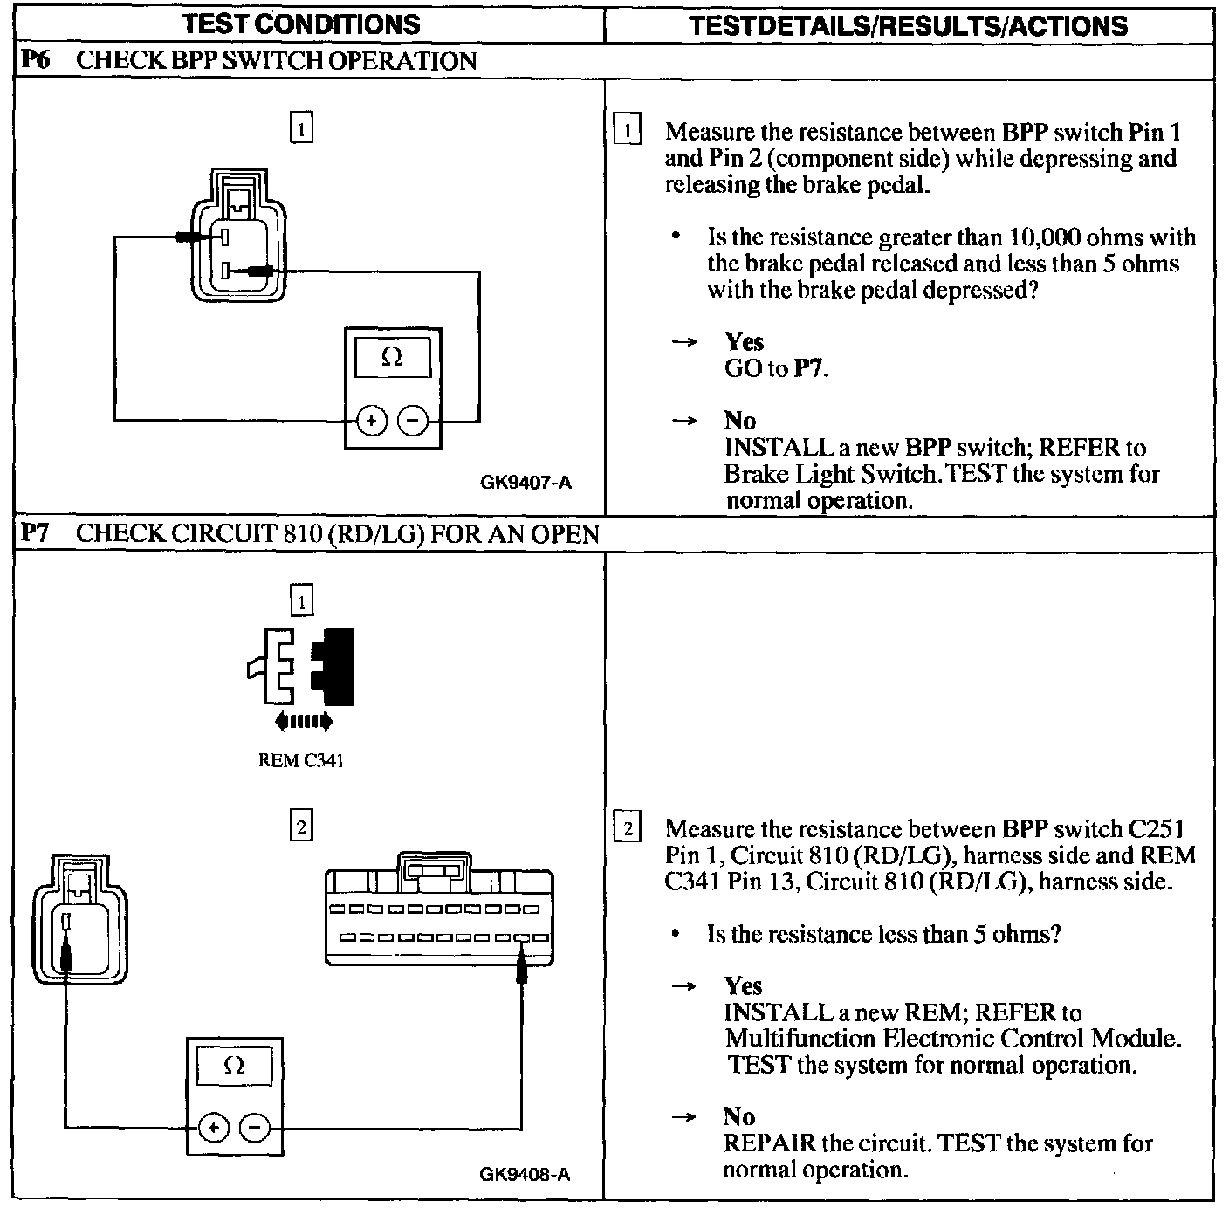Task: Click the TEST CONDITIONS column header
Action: click(x=301, y=24)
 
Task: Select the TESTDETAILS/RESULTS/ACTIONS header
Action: click(x=908, y=25)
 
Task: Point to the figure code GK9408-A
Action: click(x=525, y=1175)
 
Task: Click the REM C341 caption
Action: click(x=301, y=761)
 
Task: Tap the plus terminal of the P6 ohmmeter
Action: click(x=371, y=422)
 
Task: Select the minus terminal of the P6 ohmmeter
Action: click(x=413, y=422)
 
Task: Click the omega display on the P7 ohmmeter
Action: click(x=234, y=1066)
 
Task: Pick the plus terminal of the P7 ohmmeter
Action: click(x=213, y=1128)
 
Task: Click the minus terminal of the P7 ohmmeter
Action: click(x=254, y=1128)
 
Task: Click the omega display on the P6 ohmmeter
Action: click(x=392, y=357)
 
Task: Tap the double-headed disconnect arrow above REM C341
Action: click(x=302, y=721)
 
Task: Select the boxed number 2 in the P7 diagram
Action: click(x=301, y=826)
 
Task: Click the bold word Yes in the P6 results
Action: click(x=744, y=342)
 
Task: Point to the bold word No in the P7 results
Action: click(x=738, y=1116)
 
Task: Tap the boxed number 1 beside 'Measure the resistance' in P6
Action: click(x=628, y=131)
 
